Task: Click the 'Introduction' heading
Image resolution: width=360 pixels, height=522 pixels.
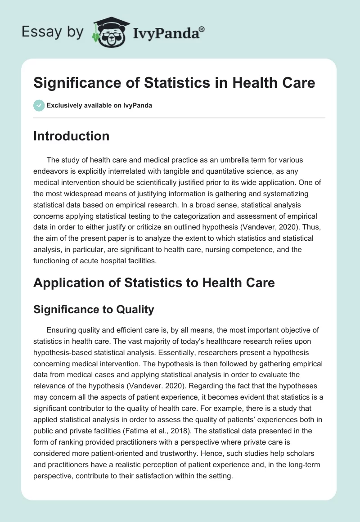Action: [71, 136]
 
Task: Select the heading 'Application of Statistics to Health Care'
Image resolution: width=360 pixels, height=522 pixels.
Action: [153, 283]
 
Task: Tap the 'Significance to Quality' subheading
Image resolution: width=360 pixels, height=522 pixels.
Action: [94, 309]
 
